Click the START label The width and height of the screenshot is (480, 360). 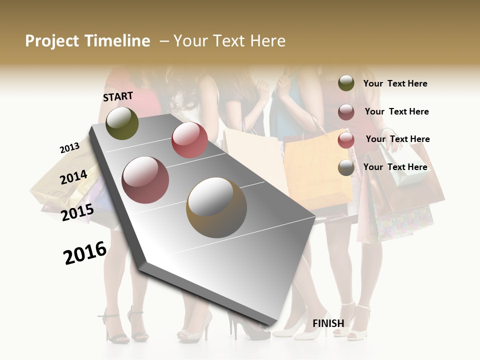(118, 96)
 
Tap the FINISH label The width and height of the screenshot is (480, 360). (328, 323)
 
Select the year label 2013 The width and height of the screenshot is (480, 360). (69, 148)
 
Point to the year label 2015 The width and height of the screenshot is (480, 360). (77, 212)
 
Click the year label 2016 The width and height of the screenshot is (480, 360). (85, 253)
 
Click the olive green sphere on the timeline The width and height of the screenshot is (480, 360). (122, 123)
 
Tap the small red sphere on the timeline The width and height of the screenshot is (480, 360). (189, 140)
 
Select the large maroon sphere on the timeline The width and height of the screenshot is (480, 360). (145, 179)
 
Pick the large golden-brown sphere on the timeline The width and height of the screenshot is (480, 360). (216, 207)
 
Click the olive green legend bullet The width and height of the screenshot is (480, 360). (346, 83)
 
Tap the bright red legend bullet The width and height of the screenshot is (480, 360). (346, 139)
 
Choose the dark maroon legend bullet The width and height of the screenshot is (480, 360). (346, 111)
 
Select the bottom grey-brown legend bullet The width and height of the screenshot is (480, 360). (346, 167)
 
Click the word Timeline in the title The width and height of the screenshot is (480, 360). (118, 41)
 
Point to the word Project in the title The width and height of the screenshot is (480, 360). (52, 41)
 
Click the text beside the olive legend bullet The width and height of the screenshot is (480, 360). (395, 83)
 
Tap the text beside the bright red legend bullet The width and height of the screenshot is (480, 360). (397, 139)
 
